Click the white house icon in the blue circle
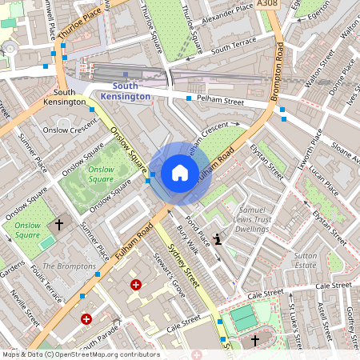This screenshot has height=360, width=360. coord(180,173)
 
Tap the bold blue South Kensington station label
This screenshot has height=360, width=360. coord(131,91)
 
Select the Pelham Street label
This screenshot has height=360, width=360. coord(222,102)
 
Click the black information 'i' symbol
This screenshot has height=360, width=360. coord(218,238)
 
